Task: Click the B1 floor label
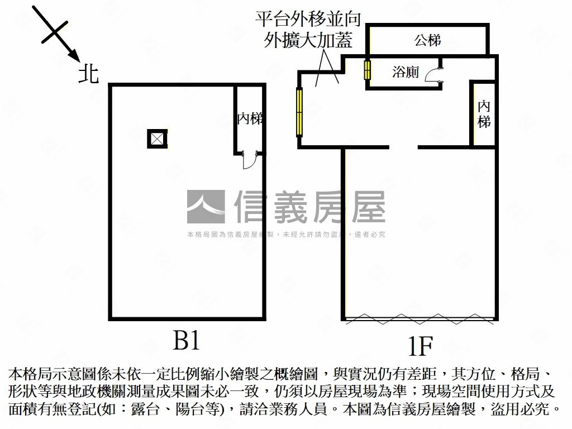(186, 340)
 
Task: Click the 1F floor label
(420, 347)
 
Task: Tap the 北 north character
(88, 74)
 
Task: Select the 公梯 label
(428, 40)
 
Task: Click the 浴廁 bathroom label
(406, 71)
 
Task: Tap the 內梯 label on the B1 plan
(250, 118)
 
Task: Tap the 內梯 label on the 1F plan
(484, 114)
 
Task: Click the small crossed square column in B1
(158, 139)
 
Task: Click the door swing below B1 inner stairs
(248, 161)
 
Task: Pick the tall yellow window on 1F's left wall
(300, 112)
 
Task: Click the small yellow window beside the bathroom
(368, 70)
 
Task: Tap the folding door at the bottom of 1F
(420, 319)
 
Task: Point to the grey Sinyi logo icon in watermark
(206, 207)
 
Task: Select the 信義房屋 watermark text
(310, 207)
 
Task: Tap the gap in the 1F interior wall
(403, 147)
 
